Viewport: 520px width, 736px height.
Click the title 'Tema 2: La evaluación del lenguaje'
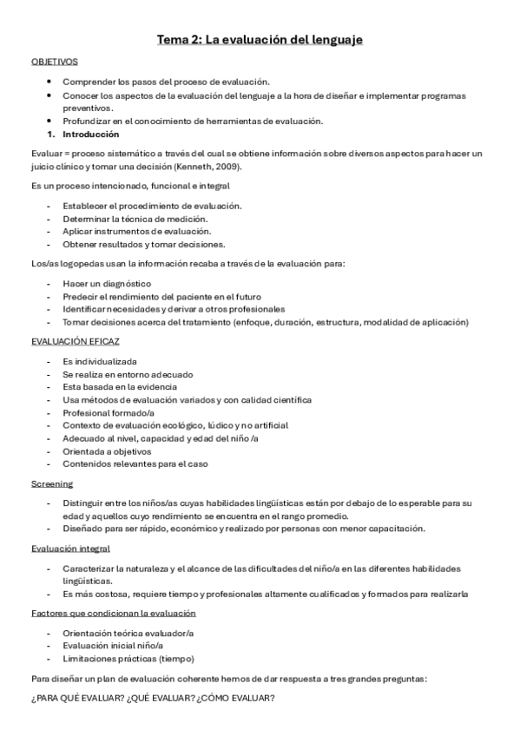(x=260, y=40)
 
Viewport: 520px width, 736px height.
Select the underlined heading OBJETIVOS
(x=55, y=62)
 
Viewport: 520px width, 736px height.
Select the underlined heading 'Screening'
(x=52, y=483)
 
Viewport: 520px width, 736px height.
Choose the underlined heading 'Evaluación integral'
(x=70, y=549)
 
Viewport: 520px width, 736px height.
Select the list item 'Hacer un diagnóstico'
(x=107, y=284)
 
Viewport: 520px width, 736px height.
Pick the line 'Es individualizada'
(x=100, y=361)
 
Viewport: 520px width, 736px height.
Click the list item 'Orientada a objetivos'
(x=107, y=451)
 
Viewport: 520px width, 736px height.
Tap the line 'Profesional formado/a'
(x=109, y=413)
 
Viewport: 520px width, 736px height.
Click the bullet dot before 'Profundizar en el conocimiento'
(x=53, y=121)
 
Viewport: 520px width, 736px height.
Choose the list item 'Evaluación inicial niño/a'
(x=113, y=646)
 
